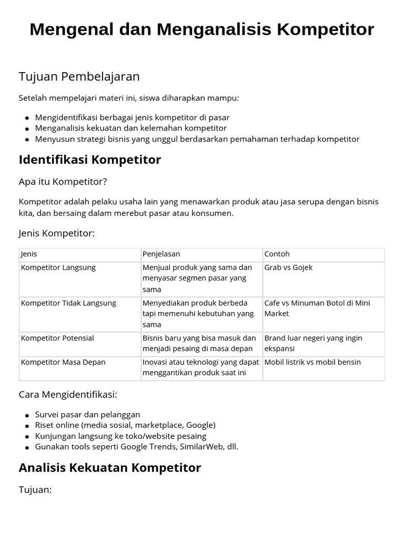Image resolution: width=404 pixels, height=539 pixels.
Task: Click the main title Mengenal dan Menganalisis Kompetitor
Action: coord(202,29)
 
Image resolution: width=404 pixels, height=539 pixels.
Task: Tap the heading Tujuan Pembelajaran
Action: coord(79,76)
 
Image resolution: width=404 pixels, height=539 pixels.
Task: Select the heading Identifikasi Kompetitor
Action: coord(90,159)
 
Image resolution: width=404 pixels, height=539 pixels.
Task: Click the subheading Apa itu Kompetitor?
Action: coord(63,182)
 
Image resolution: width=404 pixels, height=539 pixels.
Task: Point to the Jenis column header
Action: coord(29,254)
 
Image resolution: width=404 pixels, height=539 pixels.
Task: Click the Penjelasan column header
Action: coord(161,254)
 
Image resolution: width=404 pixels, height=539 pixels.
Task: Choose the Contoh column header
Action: coord(277,254)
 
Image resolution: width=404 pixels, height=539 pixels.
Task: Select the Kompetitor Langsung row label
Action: coord(58,267)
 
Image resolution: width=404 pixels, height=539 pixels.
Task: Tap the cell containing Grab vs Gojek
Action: coord(288,267)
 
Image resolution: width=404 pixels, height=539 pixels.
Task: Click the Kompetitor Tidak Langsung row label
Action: coord(68,303)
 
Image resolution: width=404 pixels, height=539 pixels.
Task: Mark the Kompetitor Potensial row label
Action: coord(57,338)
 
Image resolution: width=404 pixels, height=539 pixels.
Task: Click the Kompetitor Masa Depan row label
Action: coord(63,362)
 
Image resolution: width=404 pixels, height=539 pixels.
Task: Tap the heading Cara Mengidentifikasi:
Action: coord(68,394)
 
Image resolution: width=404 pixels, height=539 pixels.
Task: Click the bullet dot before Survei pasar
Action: coord(27,415)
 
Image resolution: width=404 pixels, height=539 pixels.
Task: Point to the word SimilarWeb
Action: coord(198,446)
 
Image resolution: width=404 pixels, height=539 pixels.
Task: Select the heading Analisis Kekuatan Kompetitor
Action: coord(110,467)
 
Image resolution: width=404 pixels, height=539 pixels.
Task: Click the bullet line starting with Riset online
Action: coord(125,425)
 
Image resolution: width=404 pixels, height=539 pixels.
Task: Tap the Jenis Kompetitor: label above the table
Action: coord(57,233)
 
